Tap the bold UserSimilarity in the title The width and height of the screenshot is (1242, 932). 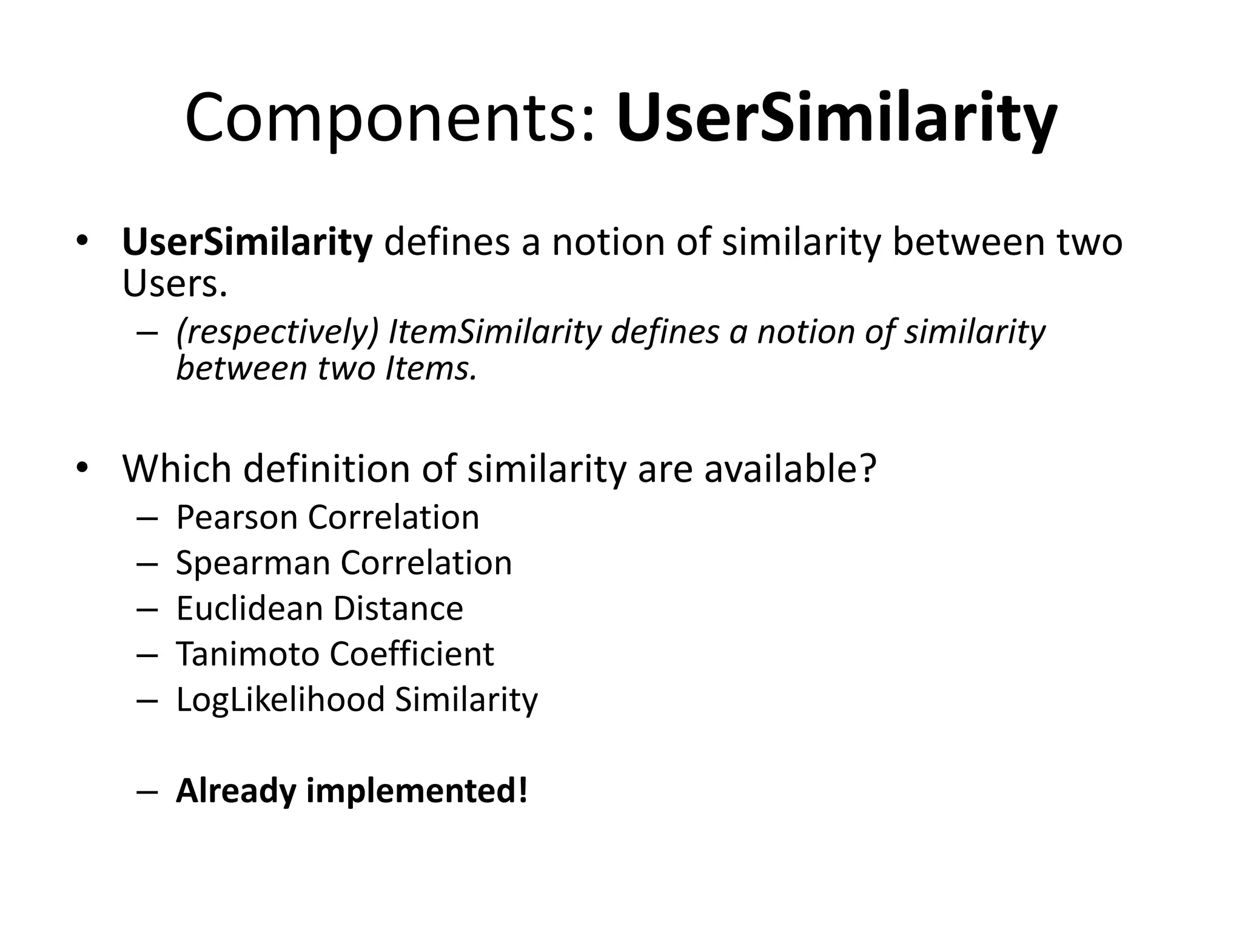tap(837, 119)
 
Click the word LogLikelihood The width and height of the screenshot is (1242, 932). tap(280, 700)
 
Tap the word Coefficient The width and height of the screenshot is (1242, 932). tap(412, 654)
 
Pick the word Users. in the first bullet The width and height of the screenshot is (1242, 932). tap(175, 283)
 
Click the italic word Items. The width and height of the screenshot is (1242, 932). tap(431, 368)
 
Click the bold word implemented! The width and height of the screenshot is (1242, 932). tap(417, 791)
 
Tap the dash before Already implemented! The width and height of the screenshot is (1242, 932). tap(147, 792)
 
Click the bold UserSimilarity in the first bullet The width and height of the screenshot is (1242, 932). tap(247, 241)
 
